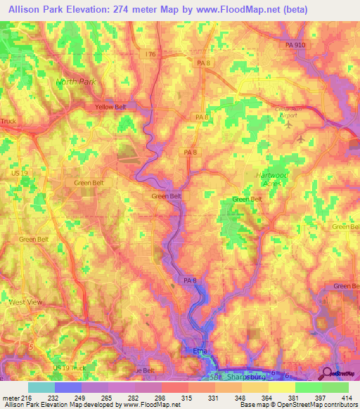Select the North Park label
coord(75,82)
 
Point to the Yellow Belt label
coord(110,108)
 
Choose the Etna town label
coord(200,350)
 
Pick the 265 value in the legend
coord(108,397)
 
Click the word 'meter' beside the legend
coord(10,397)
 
